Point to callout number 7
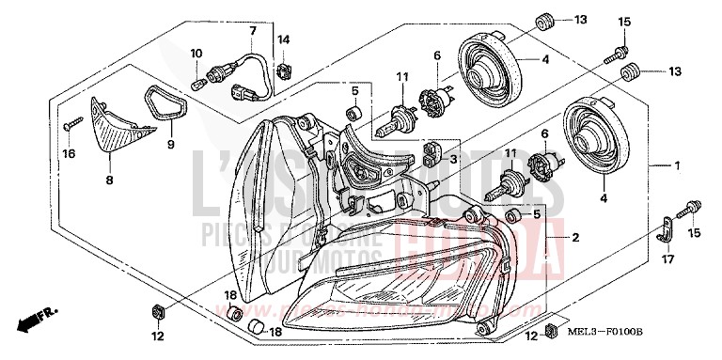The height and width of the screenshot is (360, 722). pyautogui.click(x=252, y=31)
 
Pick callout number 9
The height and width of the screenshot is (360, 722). pyautogui.click(x=170, y=144)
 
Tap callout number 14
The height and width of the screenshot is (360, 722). pyautogui.click(x=284, y=39)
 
